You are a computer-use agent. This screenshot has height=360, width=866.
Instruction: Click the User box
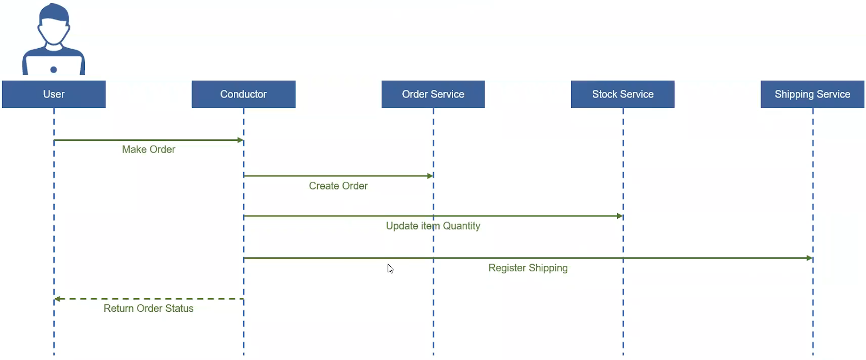[54, 94]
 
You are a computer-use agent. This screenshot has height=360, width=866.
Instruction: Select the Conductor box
[244, 94]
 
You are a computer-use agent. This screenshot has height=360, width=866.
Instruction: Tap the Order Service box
[433, 94]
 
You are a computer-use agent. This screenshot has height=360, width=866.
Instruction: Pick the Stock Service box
[623, 94]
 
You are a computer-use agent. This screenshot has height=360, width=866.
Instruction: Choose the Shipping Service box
[812, 94]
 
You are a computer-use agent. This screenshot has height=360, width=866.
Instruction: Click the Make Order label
[148, 149]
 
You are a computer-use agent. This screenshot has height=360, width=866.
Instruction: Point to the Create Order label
[338, 186]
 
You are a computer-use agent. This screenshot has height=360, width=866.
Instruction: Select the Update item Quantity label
[433, 226]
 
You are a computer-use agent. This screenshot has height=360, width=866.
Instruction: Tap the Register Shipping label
[528, 268]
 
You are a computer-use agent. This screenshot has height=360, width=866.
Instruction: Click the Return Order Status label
[148, 308]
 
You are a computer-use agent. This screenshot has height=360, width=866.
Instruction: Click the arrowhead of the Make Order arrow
[240, 140]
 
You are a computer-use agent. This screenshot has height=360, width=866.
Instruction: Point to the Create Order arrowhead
[430, 176]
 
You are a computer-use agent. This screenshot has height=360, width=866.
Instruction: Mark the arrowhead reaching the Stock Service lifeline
[620, 216]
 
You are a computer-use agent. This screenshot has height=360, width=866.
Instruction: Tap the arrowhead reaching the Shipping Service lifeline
[810, 258]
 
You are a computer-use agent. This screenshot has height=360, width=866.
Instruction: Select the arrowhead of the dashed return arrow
[57, 299]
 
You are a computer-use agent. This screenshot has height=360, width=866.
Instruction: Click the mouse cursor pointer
[390, 269]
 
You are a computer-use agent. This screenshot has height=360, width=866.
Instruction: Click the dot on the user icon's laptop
[54, 70]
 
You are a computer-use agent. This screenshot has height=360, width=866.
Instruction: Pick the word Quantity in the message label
[462, 226]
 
